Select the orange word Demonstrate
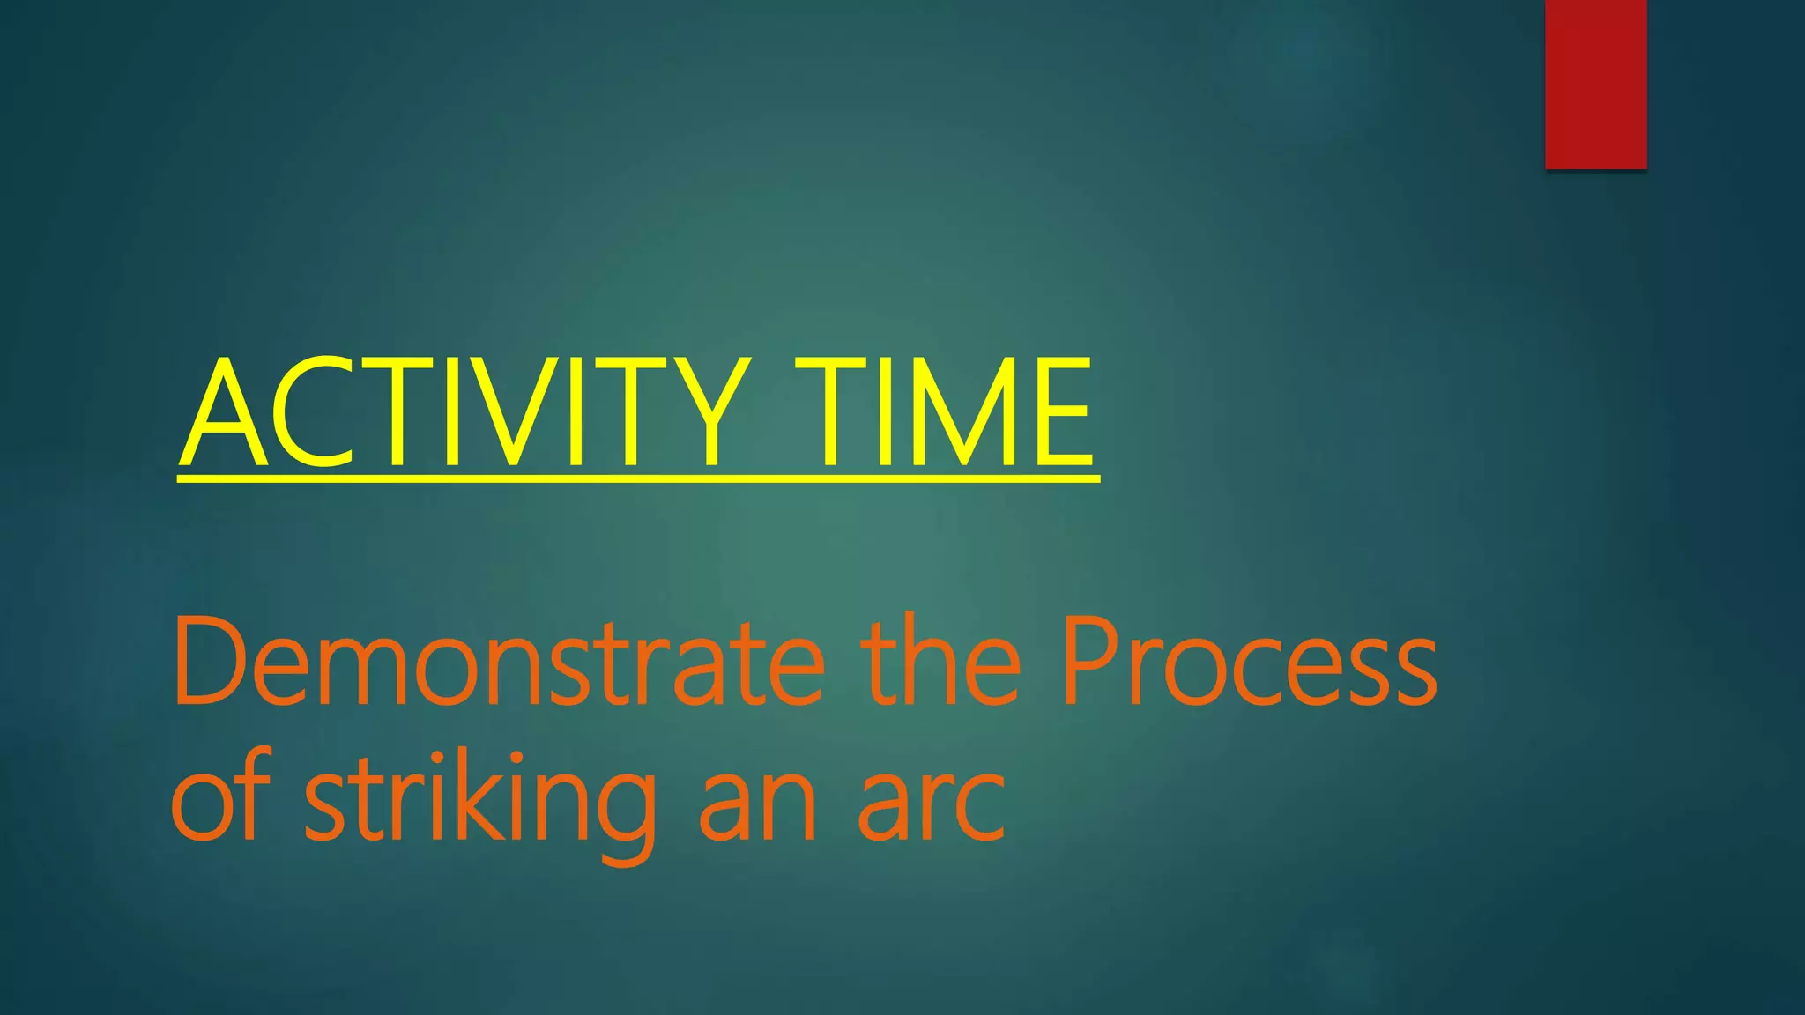[498, 661]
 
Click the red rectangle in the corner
[1595, 84]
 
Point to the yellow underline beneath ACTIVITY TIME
[638, 478]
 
